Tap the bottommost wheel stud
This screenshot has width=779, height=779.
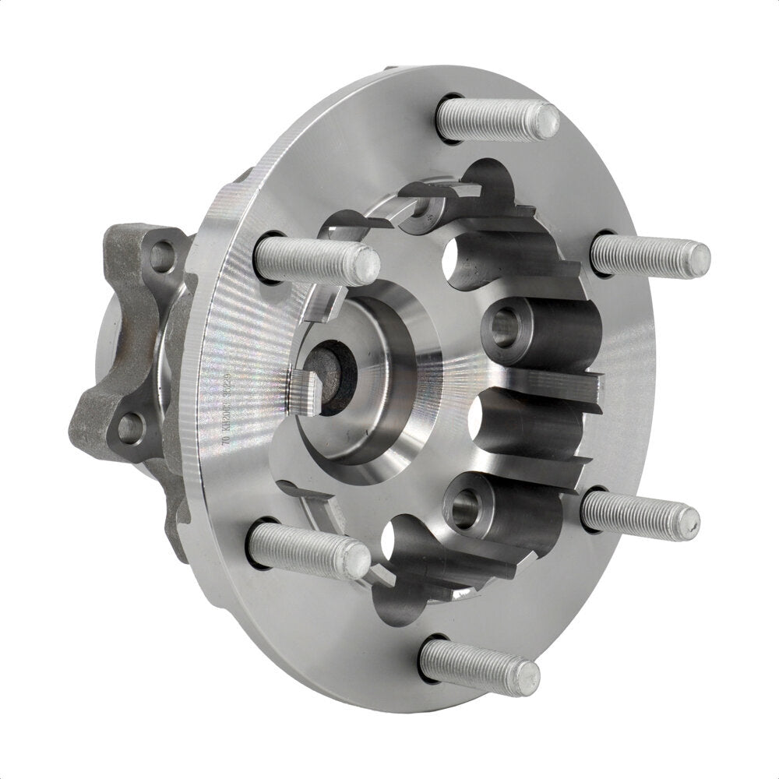pos(478,667)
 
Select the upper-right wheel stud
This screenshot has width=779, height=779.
pos(650,255)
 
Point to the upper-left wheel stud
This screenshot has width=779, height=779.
pos(315,260)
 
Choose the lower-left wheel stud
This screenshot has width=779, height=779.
pos(308,550)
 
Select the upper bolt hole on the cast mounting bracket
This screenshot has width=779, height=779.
pos(161,256)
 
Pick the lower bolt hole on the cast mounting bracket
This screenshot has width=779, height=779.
pos(131,427)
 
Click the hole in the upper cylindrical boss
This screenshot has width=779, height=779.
pos(504,325)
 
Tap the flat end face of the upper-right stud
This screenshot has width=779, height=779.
pos(698,259)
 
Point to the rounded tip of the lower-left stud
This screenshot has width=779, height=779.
pos(358,560)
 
